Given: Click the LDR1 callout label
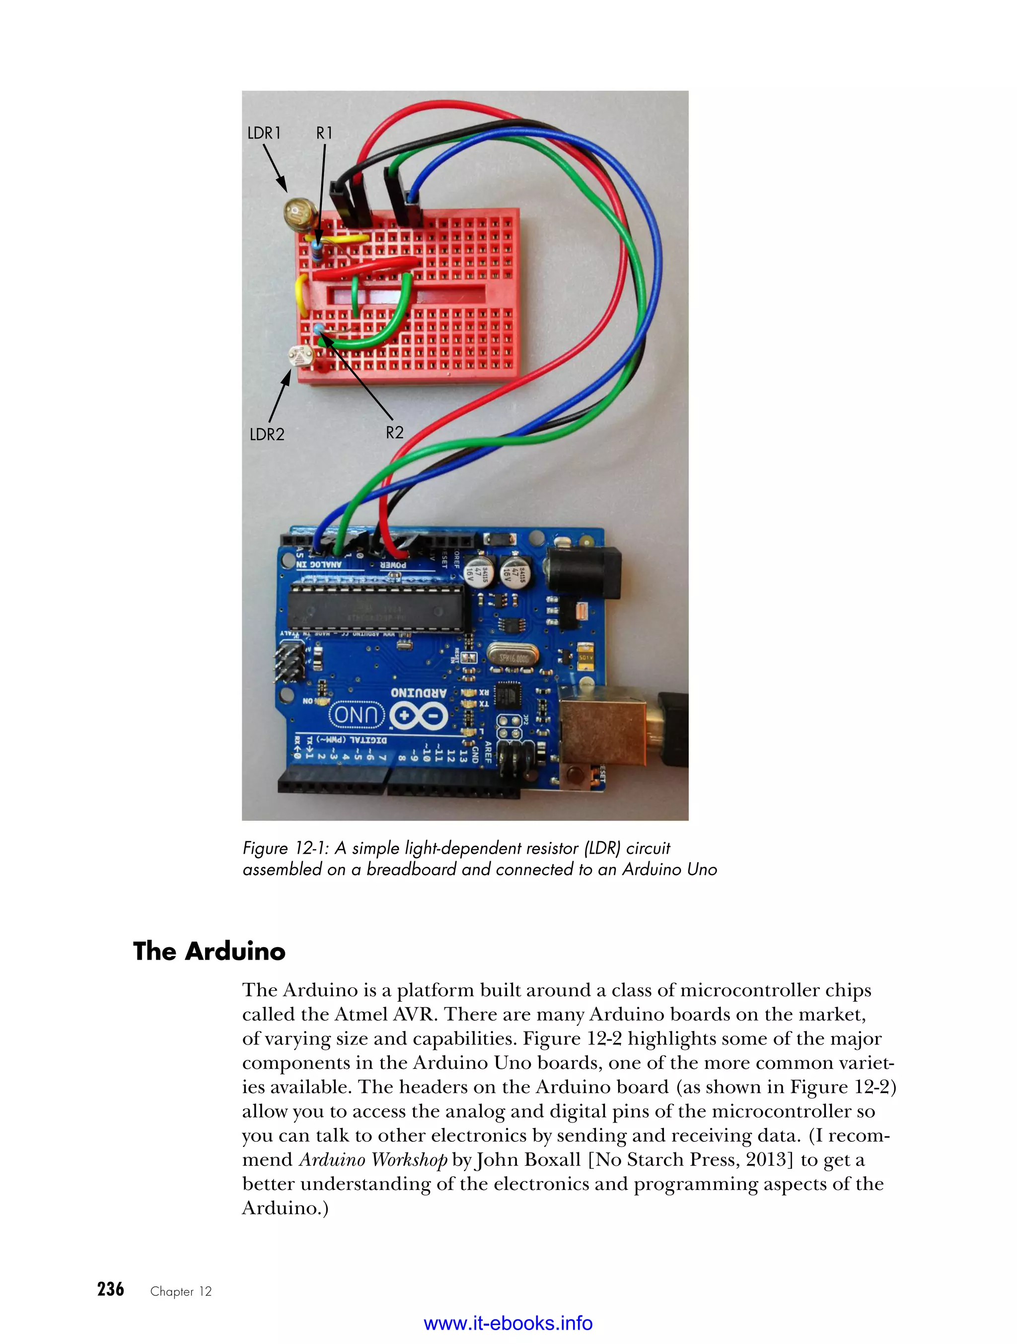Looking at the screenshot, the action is pos(264,133).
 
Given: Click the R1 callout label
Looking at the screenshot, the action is pos(324,133).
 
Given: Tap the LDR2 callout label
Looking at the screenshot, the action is pos(267,435).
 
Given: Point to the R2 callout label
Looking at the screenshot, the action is pos(394,433).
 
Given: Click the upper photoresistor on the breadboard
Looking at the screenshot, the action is pos(297,212).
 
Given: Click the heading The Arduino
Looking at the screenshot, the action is pos(209,952).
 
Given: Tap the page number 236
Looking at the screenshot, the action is pos(111,1289).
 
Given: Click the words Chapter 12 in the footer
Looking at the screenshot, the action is pos(181,1292).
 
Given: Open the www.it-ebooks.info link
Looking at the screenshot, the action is pos(508,1323).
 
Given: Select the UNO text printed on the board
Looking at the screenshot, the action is pos(357,715).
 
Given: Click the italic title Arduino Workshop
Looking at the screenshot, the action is pos(373,1160).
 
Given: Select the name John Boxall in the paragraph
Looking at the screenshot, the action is pos(527,1160).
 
